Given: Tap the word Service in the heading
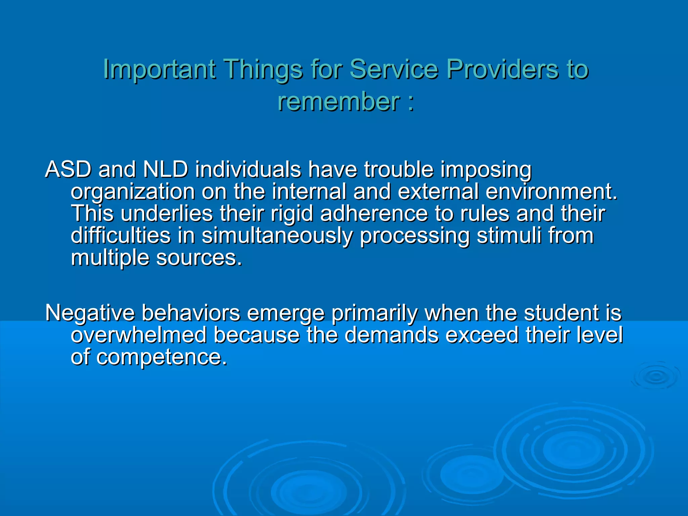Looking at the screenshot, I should [394, 69].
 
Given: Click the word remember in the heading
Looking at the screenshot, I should [339, 101].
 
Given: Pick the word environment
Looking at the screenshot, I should [551, 191].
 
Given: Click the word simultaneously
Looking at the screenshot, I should [277, 236].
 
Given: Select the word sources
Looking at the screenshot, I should [199, 258].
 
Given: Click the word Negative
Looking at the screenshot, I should [90, 313].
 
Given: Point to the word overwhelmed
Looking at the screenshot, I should [138, 335].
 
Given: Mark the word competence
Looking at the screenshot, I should [161, 357].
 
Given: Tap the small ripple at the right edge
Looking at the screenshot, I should [655, 377].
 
